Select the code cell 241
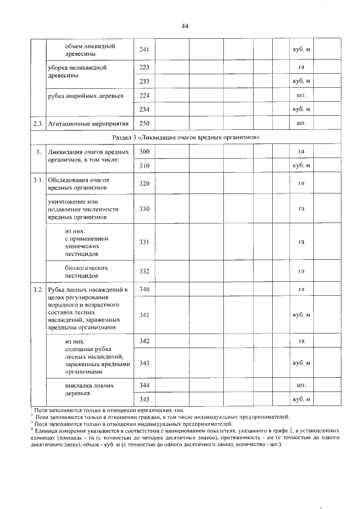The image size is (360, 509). click(144, 50)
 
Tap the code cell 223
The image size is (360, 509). click(144, 68)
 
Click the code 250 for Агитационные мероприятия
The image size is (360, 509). click(144, 123)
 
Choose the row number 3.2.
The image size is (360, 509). click(37, 290)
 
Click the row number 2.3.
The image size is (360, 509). click(37, 123)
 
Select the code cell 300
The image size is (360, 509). click(144, 152)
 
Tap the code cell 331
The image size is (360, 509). click(144, 242)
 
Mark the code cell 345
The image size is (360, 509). click(144, 399)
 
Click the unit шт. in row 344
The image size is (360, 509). click(301, 385)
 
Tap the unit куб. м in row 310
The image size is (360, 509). click(301, 166)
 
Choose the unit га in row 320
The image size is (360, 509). click(301, 184)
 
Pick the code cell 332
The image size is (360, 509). click(144, 272)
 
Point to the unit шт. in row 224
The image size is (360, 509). click(301, 95)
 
